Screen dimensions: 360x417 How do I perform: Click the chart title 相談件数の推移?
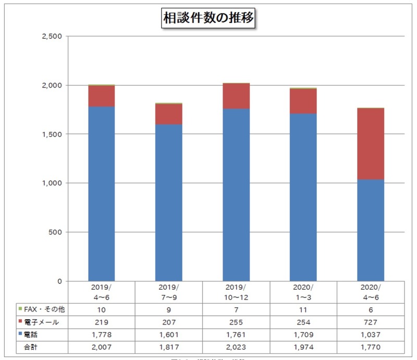coord(208,18)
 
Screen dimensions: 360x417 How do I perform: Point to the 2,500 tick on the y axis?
coord(51,36)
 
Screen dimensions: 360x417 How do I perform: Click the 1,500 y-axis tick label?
coord(51,134)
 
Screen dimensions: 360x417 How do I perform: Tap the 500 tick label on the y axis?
coord(55,232)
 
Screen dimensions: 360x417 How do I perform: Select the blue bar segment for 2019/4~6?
coord(101,193)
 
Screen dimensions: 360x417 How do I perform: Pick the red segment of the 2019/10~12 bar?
coord(236,96)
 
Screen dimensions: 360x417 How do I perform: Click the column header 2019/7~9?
coord(168,292)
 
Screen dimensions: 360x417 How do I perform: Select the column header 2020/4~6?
coord(370,292)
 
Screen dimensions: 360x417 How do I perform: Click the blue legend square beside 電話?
coord(19,334)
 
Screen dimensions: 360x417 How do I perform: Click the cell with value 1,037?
coord(370,334)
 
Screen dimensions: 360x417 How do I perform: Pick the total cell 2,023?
coord(236,346)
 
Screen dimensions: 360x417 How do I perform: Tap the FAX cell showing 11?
coord(303,309)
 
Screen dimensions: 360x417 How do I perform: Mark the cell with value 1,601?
coord(168,334)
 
